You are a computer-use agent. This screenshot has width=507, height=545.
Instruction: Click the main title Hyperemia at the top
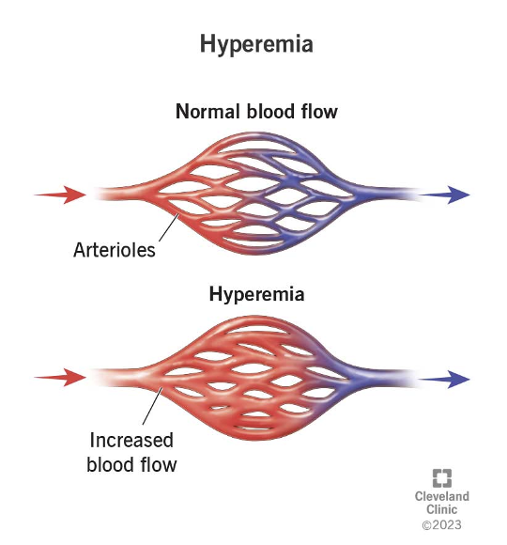[256, 45]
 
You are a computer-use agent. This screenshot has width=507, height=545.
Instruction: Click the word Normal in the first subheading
[207, 112]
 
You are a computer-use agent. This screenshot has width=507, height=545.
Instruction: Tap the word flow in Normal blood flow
[319, 112]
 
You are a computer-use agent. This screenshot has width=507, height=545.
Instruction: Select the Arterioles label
[115, 250]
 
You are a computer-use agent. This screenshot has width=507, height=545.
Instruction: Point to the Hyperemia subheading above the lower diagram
[256, 294]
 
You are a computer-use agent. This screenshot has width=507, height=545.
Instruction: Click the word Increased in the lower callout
[131, 440]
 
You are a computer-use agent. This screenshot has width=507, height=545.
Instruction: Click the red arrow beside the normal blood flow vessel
[60, 195]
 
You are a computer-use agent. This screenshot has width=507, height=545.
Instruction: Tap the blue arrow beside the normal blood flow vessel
[445, 195]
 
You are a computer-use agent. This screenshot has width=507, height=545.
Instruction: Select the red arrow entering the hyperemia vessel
[60, 378]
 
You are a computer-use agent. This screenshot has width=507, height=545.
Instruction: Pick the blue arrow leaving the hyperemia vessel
[445, 380]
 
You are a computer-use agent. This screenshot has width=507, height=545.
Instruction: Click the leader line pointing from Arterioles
[169, 227]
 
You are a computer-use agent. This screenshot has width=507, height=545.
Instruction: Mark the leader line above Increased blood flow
[152, 406]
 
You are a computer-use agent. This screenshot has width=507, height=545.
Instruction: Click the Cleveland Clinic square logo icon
[442, 478]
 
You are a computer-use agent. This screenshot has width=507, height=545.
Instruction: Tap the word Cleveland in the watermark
[442, 496]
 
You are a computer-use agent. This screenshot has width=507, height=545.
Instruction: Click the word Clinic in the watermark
[441, 509]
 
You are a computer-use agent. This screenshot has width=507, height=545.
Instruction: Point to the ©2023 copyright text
[441, 524]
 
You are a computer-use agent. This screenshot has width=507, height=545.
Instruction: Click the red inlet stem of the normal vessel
[121, 194]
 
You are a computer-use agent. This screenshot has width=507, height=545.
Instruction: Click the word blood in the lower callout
[111, 465]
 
